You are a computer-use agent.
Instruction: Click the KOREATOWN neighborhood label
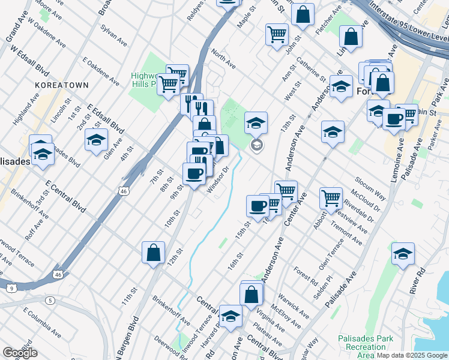(x=62, y=86)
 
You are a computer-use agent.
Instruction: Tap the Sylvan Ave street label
(x=113, y=40)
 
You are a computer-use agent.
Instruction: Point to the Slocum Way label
(x=370, y=186)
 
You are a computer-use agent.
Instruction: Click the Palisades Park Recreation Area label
(x=366, y=347)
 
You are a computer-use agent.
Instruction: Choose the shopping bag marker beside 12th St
(x=153, y=252)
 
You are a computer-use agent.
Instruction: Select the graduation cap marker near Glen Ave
(x=96, y=140)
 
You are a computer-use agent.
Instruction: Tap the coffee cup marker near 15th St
(x=258, y=206)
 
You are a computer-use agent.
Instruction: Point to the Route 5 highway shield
(x=50, y=299)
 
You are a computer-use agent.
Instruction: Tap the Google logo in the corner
(x=20, y=353)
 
